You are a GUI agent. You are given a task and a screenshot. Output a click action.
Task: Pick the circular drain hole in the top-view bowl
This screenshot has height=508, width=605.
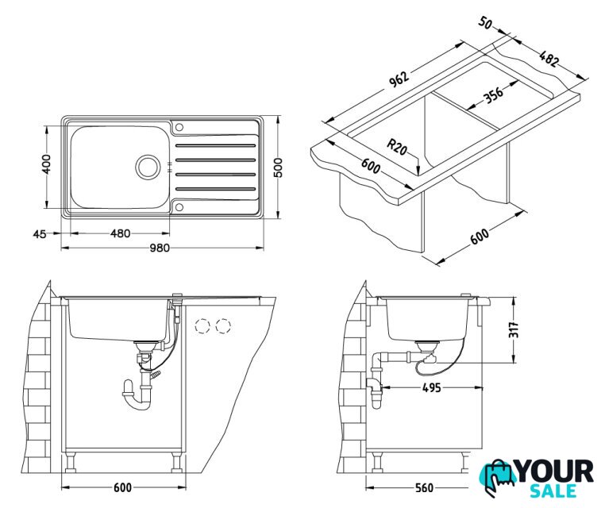(x=146, y=166)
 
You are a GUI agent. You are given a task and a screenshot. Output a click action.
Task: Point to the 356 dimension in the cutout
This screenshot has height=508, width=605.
(x=494, y=94)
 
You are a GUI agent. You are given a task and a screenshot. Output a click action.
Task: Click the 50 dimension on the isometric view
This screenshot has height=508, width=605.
(x=485, y=23)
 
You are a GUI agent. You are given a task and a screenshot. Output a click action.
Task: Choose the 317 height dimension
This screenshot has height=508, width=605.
(x=514, y=329)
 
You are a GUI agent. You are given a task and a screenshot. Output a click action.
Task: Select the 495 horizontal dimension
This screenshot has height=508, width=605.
(x=430, y=388)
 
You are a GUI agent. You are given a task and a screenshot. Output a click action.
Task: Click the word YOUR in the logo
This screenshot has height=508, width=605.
(x=555, y=471)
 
